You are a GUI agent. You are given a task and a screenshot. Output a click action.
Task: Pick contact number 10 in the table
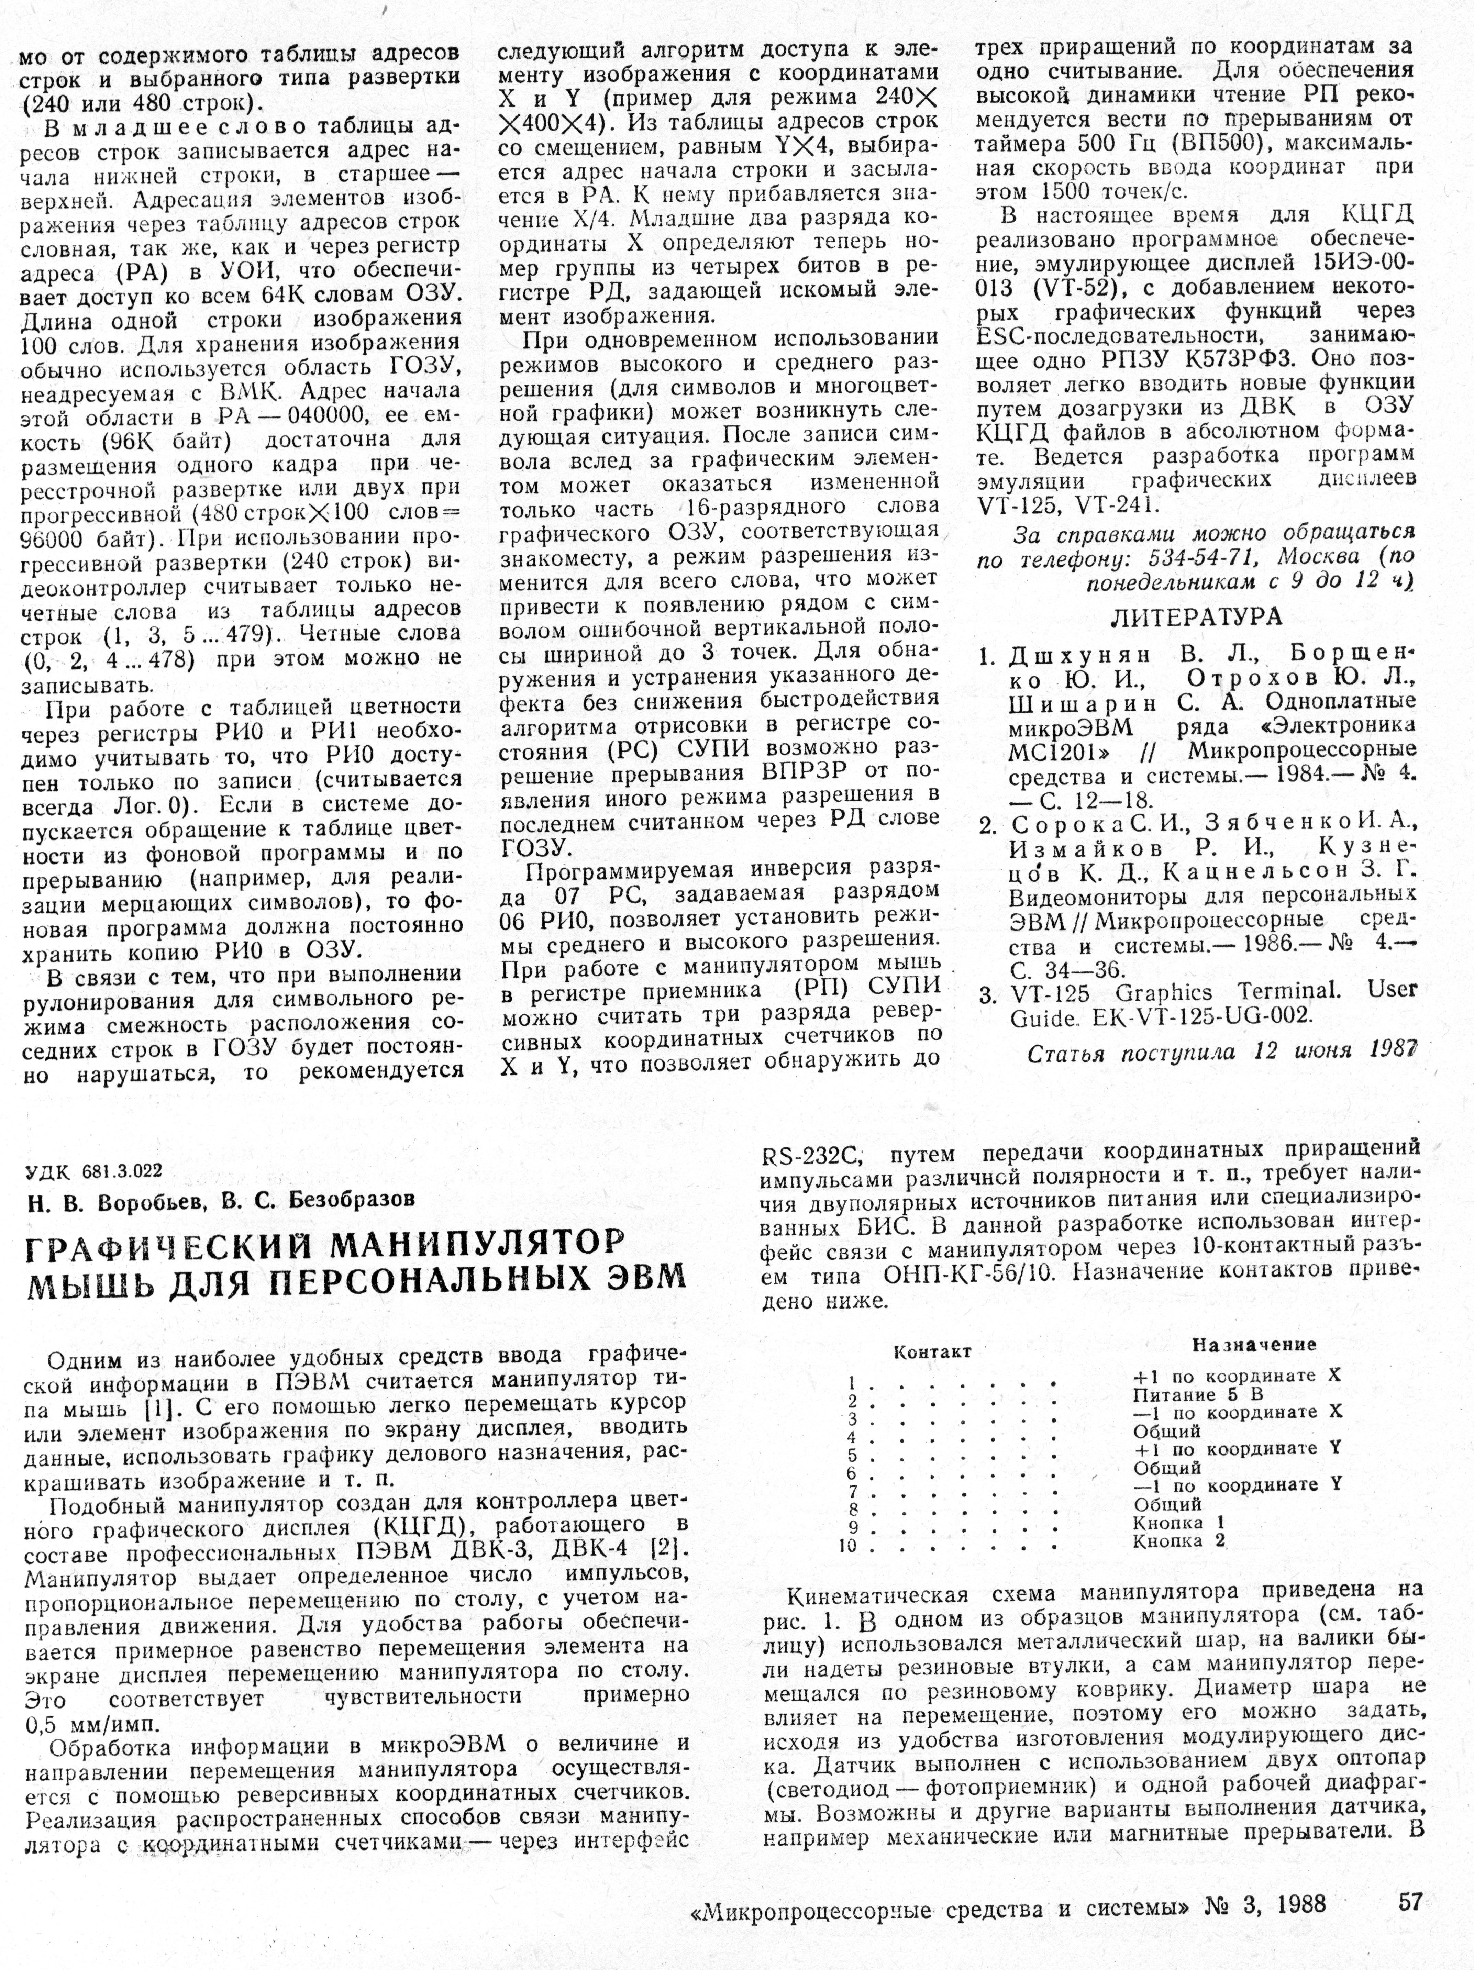click(x=848, y=1546)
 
